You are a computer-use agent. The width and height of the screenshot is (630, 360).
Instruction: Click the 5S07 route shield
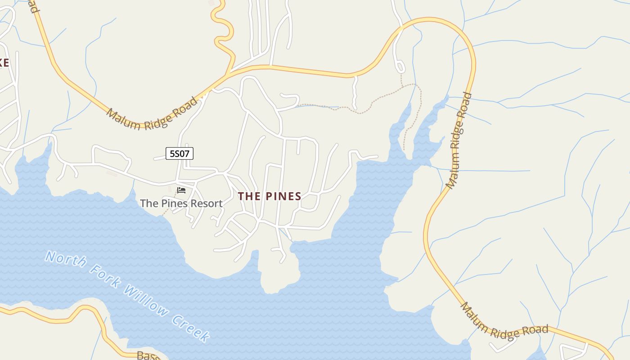tap(180, 153)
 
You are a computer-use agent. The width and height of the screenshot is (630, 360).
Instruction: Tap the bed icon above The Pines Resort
tap(181, 190)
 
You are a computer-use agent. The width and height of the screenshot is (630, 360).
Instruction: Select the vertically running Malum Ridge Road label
tap(459, 140)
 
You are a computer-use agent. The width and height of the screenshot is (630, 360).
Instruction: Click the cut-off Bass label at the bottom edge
tap(146, 356)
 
